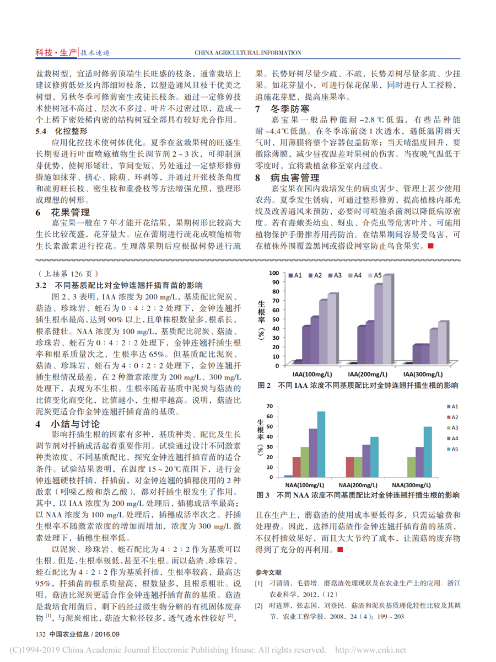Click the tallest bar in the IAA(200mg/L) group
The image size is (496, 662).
[x=387, y=320]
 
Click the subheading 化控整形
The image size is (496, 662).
[x=62, y=132]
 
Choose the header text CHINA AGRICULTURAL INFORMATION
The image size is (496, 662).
[x=248, y=53]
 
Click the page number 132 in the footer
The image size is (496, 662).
[x=39, y=634]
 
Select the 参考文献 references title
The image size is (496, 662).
[x=269, y=571]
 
